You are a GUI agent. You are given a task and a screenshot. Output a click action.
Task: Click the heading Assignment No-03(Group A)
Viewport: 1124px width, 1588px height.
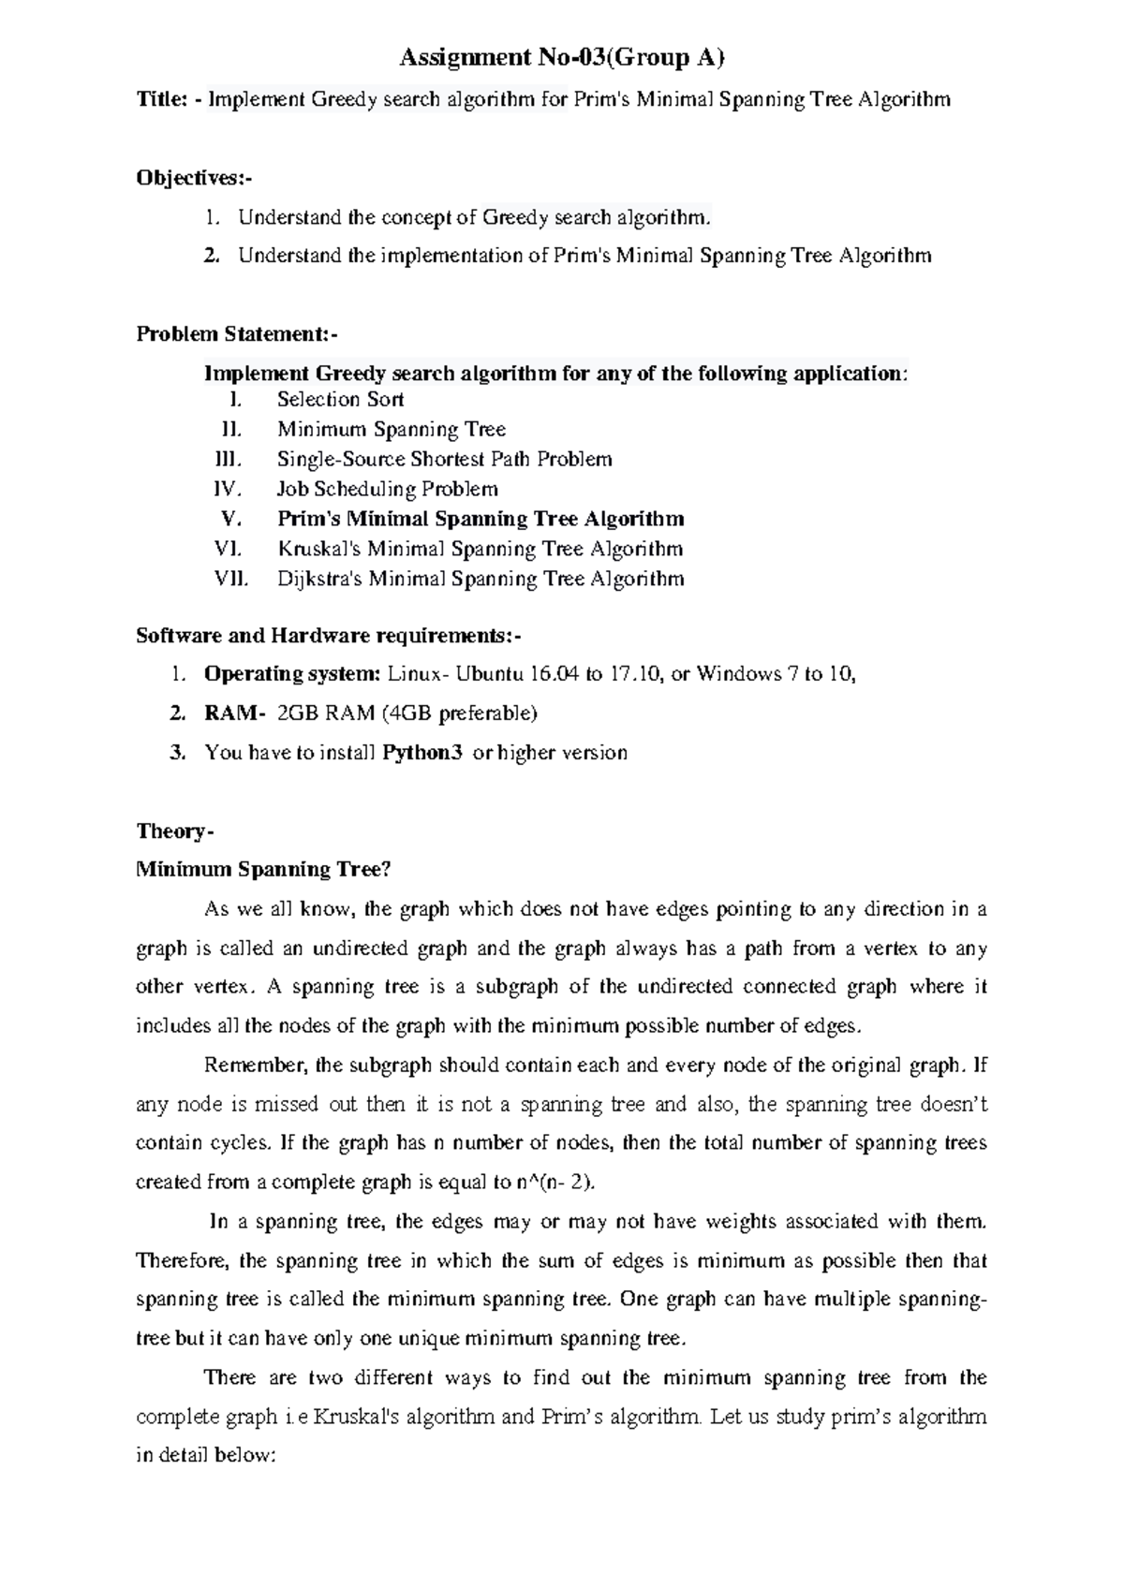point(562,59)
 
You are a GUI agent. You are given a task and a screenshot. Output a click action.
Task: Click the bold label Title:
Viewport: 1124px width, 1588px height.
point(161,99)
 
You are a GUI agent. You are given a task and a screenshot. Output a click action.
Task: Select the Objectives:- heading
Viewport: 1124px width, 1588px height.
point(194,178)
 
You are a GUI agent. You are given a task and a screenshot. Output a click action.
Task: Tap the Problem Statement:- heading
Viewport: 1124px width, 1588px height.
point(237,334)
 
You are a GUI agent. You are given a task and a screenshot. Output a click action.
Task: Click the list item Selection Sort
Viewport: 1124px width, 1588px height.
point(340,400)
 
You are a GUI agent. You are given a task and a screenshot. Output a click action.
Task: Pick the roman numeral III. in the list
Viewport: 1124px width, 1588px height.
point(229,460)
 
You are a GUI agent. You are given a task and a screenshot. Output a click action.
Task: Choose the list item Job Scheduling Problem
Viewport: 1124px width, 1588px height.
point(387,489)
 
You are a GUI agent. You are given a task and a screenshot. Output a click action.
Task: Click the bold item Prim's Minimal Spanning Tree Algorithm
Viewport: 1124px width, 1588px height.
point(481,519)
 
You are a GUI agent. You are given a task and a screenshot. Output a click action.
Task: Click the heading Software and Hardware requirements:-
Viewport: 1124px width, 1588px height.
point(328,636)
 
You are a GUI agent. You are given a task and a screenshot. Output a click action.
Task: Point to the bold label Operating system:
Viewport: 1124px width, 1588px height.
point(292,674)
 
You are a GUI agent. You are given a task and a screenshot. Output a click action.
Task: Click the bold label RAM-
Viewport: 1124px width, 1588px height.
point(235,713)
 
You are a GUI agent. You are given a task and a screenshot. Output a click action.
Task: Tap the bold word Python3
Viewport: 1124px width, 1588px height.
point(422,753)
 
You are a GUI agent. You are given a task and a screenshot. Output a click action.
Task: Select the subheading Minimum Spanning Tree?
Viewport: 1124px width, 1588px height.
point(262,870)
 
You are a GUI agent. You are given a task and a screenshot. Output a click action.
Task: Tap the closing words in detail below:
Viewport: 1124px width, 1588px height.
point(204,1457)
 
